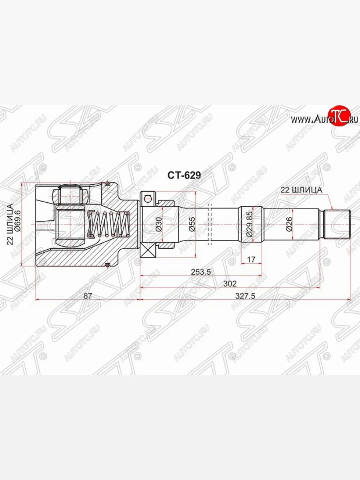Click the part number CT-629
184,175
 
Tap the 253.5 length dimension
200,272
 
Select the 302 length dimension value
230,283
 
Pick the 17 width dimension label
251,260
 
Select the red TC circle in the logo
339,116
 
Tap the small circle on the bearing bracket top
148,198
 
